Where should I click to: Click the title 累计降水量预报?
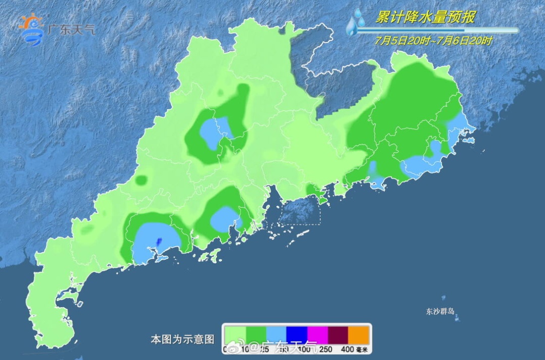pyautogui.click(x=425, y=17)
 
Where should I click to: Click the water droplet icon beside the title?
pyautogui.click(x=356, y=22)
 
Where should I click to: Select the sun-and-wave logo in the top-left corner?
pyautogui.click(x=31, y=30)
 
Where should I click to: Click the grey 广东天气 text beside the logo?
pyautogui.click(x=71, y=29)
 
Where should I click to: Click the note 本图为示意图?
pyautogui.click(x=183, y=339)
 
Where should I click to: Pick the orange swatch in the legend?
pyautogui.click(x=359, y=335)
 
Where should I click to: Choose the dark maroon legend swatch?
pyautogui.click(x=339, y=335)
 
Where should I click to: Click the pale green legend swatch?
pyautogui.click(x=236, y=335)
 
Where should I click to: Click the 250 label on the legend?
pyautogui.click(x=326, y=349)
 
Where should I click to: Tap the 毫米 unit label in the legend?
pyautogui.click(x=362, y=349)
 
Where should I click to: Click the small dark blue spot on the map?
pyautogui.click(x=158, y=242)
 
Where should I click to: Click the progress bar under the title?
pyautogui.click(x=437, y=31)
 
